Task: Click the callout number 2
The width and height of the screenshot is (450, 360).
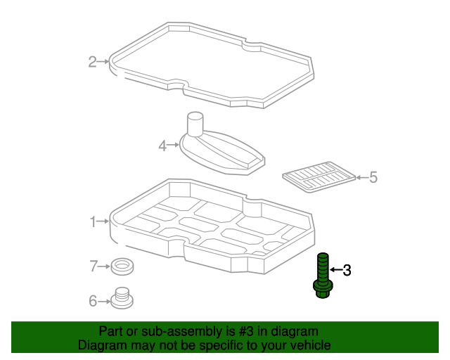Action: pos(92,62)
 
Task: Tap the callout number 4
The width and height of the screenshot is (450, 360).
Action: pos(162,146)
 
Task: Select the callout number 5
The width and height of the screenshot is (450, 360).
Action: pos(373,177)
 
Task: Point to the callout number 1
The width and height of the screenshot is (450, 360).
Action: pos(93,222)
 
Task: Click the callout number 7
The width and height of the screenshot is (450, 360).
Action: pos(94,266)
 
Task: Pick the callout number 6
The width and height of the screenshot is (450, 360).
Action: pos(93,301)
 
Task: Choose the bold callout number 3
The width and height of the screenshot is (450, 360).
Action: pos(347,270)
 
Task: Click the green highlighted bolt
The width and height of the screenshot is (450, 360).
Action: pos(323,276)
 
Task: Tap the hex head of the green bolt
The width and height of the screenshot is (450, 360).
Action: pos(323,290)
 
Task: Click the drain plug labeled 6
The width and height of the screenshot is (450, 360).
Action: pos(122,298)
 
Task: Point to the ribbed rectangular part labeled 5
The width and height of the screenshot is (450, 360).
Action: pos(319,177)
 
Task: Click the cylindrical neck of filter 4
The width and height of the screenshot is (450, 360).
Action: pos(195,124)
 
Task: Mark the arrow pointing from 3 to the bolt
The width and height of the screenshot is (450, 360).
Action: pos(336,269)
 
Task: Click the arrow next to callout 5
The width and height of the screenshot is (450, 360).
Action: pos(362,177)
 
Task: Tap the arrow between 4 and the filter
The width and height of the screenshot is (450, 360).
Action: pos(173,145)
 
